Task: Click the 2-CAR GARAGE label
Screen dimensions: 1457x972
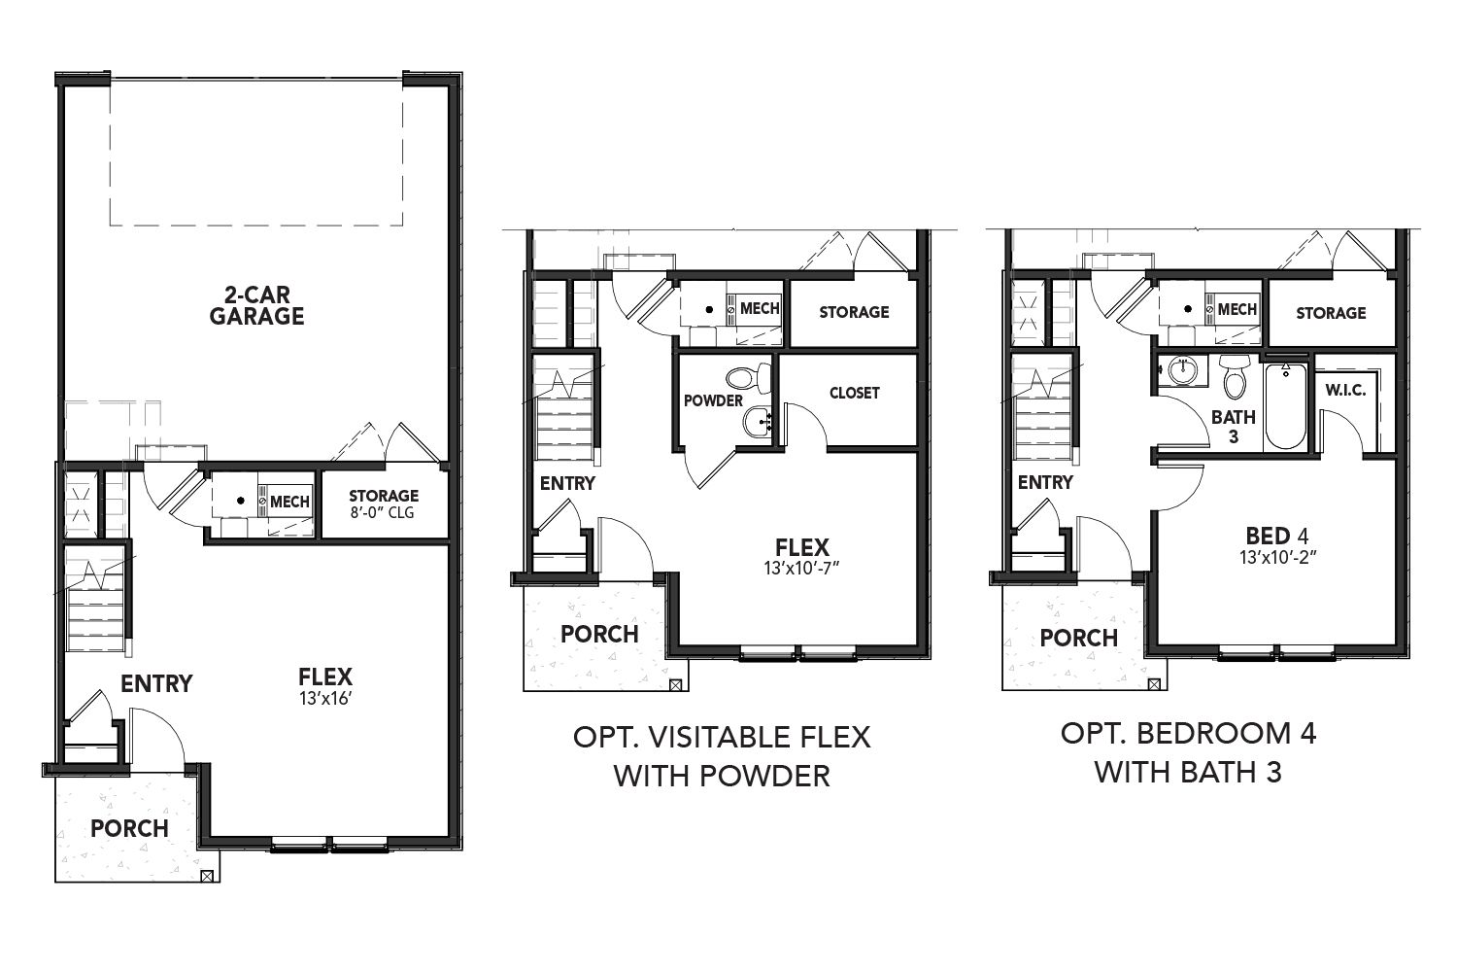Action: point(256,305)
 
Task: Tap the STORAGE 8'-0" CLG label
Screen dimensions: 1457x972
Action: point(383,503)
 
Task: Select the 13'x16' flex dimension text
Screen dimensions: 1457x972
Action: point(325,699)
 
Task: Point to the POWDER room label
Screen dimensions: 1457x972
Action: point(713,400)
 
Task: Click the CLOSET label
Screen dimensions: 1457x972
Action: point(854,393)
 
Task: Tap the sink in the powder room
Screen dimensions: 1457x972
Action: point(758,422)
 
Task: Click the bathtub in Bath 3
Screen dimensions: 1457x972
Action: point(1285,405)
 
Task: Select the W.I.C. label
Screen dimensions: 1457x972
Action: point(1345,390)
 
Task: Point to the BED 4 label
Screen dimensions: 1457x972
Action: point(1277,536)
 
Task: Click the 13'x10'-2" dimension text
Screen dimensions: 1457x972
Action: point(1277,558)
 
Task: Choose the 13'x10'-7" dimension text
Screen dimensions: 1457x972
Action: point(801,569)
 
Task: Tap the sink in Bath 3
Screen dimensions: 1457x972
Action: point(1180,371)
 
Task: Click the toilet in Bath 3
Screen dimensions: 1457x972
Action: point(1234,376)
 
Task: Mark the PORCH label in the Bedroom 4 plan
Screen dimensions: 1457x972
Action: point(1078,638)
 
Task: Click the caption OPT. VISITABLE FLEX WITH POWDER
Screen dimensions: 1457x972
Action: point(722,756)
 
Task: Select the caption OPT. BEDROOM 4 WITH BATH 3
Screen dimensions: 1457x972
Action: point(1188,753)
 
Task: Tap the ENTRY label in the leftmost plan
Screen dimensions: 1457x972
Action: point(156,683)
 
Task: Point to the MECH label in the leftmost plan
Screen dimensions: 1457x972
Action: point(289,502)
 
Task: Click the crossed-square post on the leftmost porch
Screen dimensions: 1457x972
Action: point(207,876)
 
